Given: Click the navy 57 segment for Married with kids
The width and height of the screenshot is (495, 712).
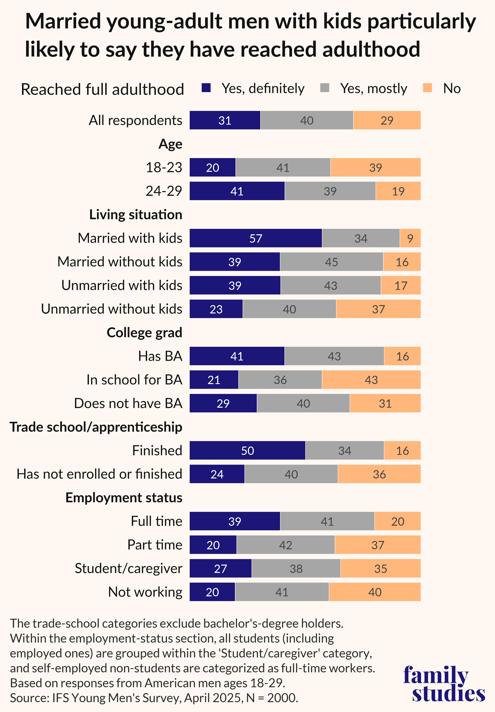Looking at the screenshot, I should [x=256, y=238].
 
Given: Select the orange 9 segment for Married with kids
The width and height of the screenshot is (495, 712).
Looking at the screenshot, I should [x=410, y=238].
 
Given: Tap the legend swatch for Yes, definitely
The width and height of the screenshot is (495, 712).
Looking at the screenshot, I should [x=206, y=88].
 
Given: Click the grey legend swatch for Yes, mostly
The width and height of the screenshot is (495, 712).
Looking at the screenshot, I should [x=324, y=88].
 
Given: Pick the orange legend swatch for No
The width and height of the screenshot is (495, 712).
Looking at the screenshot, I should [x=428, y=88].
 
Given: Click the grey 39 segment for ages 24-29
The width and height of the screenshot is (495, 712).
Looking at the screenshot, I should [x=330, y=191].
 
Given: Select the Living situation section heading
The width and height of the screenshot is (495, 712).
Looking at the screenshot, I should [x=136, y=215].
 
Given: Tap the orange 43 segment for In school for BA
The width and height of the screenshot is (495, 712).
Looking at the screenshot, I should [x=371, y=380].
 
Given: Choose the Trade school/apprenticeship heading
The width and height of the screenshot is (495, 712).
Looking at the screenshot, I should [x=96, y=427].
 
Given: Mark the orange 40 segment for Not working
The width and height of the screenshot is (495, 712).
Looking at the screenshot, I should [x=375, y=592].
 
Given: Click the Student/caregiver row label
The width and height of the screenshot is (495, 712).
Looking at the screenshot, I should [x=128, y=568].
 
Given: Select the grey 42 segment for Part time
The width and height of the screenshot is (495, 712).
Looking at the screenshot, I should [x=285, y=545].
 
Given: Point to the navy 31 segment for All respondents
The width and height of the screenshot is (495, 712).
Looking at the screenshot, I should [x=225, y=120].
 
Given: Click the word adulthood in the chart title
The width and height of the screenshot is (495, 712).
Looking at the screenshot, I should [x=371, y=50].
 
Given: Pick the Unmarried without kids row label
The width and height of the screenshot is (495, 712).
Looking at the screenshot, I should [x=112, y=309].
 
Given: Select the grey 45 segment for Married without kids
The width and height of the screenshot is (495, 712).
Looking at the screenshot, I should [x=331, y=262].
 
